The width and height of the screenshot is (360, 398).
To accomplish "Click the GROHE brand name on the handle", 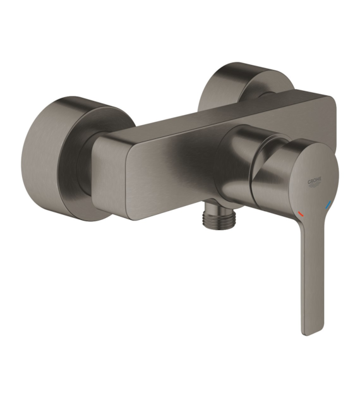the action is click(315, 181).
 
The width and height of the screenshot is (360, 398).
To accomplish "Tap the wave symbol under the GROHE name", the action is click(315, 186).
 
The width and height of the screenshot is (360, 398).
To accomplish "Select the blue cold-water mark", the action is click(328, 204).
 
